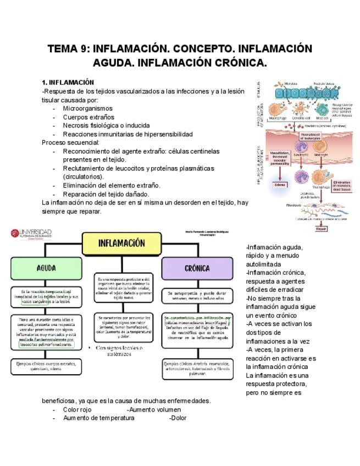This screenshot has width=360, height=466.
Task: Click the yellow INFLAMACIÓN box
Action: point(121,243)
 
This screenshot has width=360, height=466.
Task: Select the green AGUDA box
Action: point(46,268)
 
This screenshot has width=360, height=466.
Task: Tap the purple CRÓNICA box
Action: point(197,268)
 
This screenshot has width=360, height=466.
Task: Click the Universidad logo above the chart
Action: point(31,234)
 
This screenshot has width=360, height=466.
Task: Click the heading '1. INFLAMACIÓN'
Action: point(68,82)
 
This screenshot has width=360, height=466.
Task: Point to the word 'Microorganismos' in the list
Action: point(87,108)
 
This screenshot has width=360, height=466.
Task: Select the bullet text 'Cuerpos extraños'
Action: point(88,117)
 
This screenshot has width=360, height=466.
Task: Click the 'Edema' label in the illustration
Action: point(280,185)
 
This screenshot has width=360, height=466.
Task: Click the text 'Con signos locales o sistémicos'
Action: point(119,351)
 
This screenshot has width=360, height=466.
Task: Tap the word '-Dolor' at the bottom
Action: point(178,418)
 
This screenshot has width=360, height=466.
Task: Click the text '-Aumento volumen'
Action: point(153,409)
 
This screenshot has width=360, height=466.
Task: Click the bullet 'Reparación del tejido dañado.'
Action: point(106,194)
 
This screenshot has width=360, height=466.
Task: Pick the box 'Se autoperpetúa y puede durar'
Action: point(197,296)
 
